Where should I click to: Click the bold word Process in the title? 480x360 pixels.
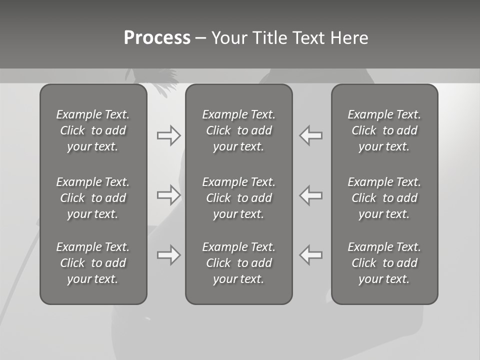click(x=157, y=38)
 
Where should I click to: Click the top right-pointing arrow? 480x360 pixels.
click(x=169, y=135)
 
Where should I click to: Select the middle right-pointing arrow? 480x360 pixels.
click(x=169, y=195)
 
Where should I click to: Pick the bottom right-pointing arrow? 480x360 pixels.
click(x=169, y=255)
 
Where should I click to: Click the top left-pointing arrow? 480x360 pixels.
click(x=311, y=135)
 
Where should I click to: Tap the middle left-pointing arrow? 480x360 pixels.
click(x=311, y=195)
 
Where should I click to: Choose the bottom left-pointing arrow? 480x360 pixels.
click(x=311, y=255)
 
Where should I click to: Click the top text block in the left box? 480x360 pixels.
click(x=93, y=130)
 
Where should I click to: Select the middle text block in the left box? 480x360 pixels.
click(x=93, y=198)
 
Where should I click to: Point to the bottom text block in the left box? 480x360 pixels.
click(x=93, y=263)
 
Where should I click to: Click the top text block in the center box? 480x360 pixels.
click(x=239, y=130)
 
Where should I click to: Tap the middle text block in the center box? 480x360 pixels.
click(x=239, y=198)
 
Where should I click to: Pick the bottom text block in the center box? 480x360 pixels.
click(x=239, y=263)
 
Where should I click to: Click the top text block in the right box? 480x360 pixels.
click(x=384, y=130)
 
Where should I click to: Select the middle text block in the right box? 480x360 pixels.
click(x=384, y=198)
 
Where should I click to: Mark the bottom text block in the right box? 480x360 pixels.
click(x=384, y=263)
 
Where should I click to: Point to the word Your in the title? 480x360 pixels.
click(x=227, y=38)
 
